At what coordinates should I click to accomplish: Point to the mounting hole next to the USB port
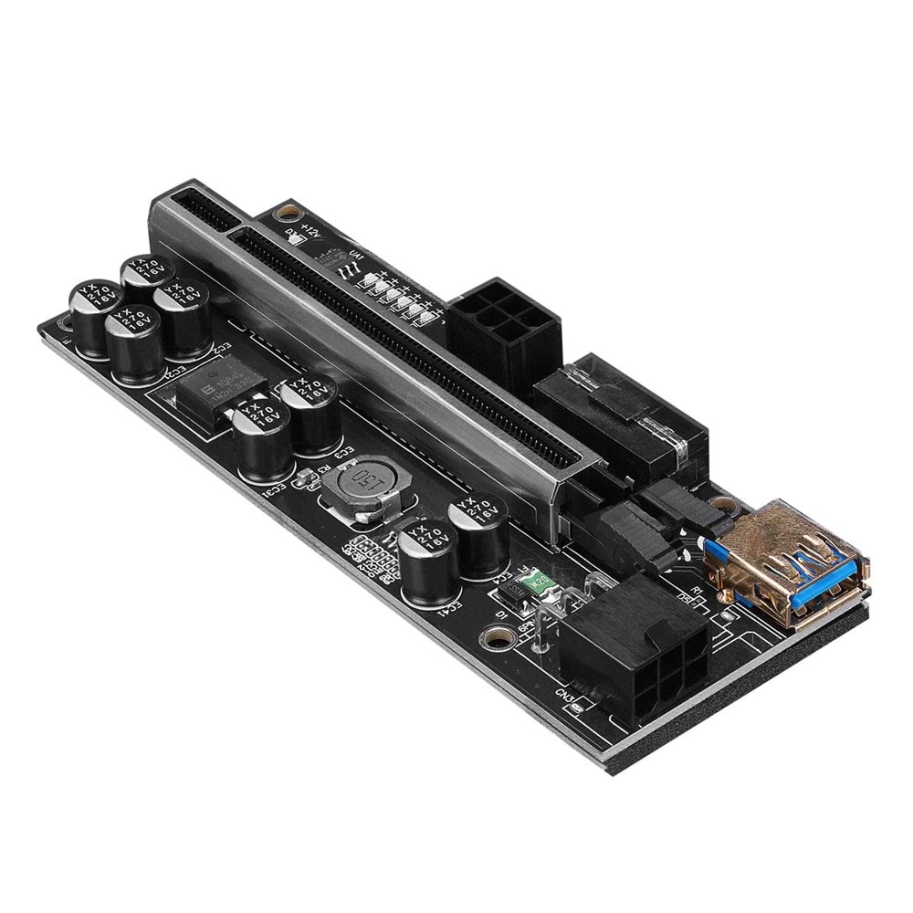coord(723,505)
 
